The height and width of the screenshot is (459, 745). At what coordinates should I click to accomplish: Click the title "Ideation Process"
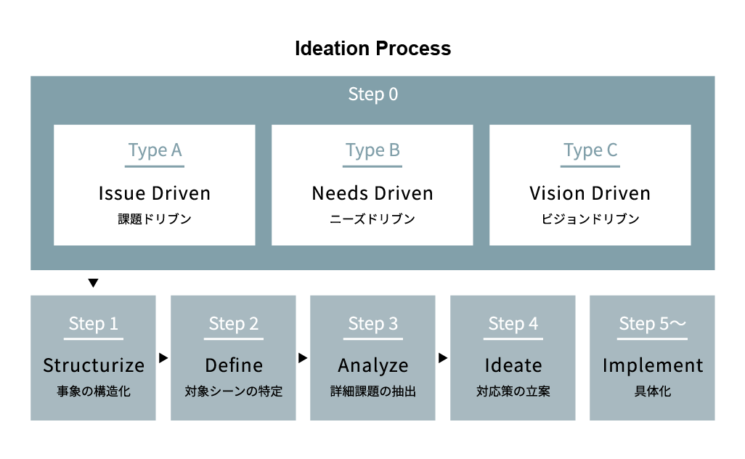coord(372,49)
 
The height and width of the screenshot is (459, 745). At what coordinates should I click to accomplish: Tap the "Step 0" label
coord(373,94)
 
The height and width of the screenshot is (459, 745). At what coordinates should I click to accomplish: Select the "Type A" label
coord(155,150)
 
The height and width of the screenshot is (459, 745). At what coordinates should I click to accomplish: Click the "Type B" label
coord(372,150)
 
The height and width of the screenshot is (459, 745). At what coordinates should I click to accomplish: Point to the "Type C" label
coord(590,150)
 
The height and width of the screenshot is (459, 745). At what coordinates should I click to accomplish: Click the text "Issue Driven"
coord(155,193)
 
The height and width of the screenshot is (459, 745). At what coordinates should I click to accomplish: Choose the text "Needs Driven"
coord(372,193)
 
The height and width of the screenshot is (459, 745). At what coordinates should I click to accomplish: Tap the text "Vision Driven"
coord(590,193)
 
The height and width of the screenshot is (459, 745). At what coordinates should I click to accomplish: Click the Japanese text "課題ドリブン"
coord(155,219)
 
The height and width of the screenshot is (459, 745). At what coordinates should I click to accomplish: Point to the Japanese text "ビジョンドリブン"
coord(590,219)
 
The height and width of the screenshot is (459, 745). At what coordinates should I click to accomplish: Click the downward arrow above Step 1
coord(93,283)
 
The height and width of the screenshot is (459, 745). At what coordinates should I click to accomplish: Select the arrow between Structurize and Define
coord(163,358)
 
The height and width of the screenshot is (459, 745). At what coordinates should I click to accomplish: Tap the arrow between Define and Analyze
coord(303,358)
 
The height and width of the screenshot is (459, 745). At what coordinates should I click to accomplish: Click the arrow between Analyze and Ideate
coord(443,358)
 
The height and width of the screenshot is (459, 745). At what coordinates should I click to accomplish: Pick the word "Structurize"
coord(94,365)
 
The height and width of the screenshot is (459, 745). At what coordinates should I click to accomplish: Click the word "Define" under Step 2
coord(234,365)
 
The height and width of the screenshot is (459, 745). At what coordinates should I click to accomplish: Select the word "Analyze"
coord(373,366)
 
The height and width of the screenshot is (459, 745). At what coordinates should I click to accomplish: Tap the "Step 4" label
coord(513,324)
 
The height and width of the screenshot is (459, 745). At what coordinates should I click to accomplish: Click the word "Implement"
coord(653,366)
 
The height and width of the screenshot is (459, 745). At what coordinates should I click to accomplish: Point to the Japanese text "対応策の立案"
coord(513,391)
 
